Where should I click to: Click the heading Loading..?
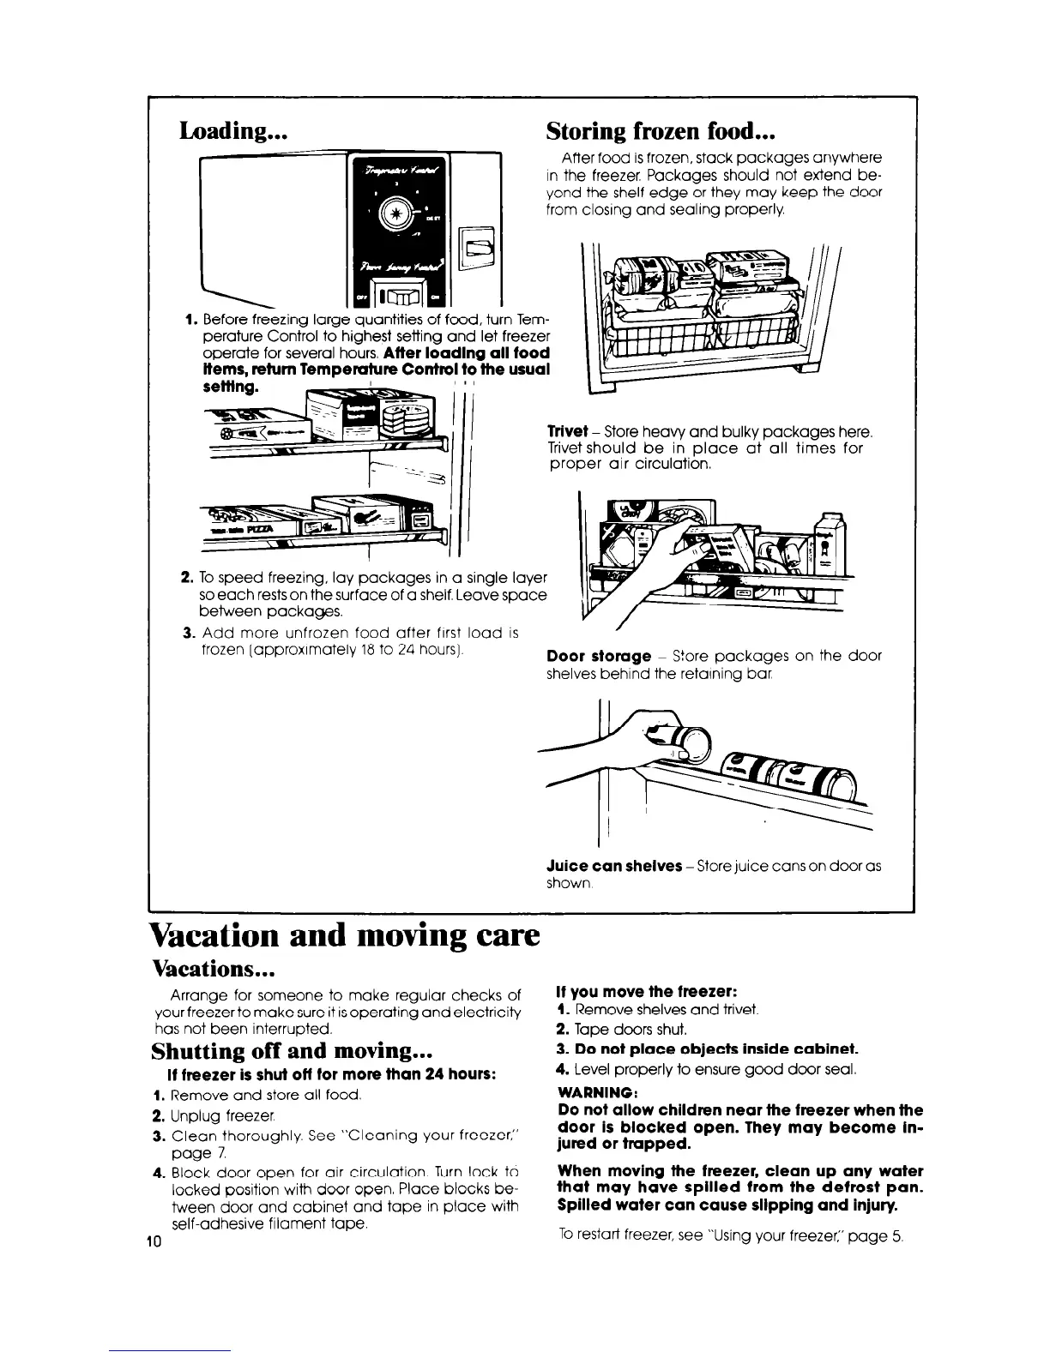[x=232, y=131]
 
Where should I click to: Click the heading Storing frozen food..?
[x=661, y=131]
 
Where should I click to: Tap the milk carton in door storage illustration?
[x=830, y=544]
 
